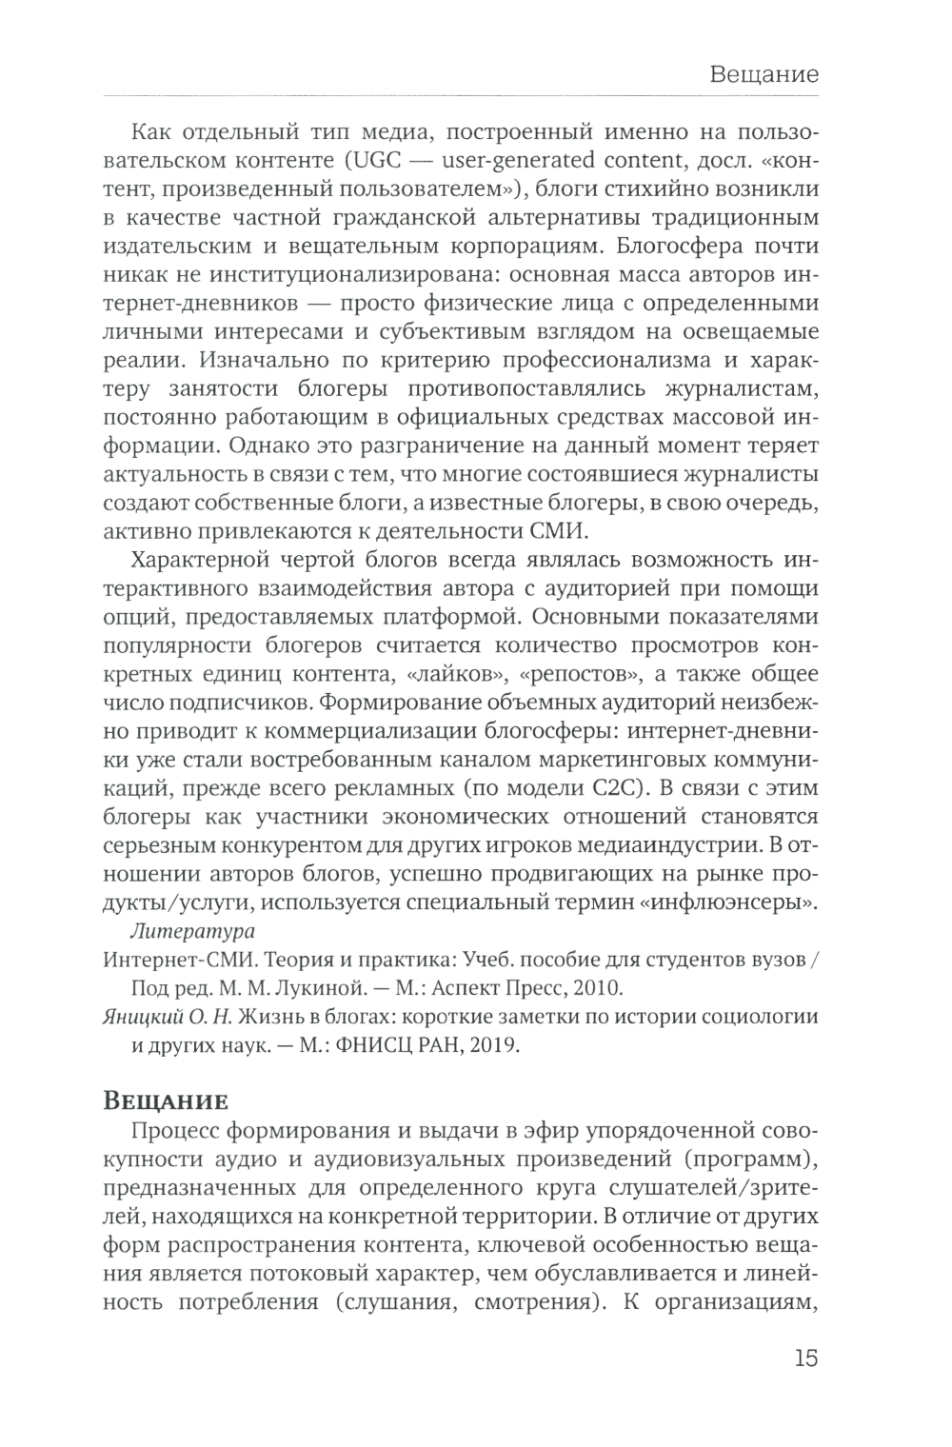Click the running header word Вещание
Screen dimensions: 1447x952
(x=764, y=73)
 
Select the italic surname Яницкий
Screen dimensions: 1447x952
(x=140, y=1016)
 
